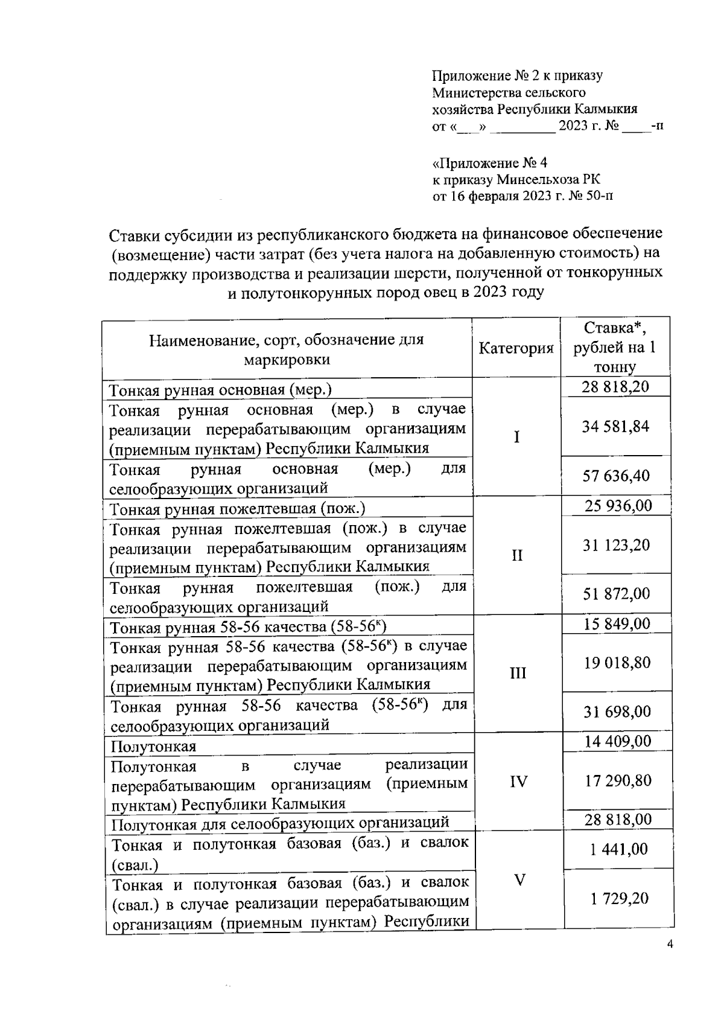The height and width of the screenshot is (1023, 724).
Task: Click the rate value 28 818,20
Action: click(615, 386)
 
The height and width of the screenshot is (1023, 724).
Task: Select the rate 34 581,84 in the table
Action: click(615, 427)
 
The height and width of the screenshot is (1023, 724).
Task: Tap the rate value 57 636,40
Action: click(615, 476)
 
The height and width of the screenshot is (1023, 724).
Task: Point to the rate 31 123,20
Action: click(616, 545)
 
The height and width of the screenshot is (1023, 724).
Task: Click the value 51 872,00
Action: click(616, 594)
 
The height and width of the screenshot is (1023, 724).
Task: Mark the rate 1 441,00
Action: click(619, 849)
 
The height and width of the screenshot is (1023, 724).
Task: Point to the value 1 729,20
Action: click(619, 899)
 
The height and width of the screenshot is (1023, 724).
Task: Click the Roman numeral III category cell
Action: click(518, 673)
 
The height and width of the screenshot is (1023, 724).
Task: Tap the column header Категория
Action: click(516, 348)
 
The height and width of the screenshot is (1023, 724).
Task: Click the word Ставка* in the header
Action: click(615, 328)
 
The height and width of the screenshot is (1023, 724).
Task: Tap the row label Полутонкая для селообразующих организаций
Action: click(281, 823)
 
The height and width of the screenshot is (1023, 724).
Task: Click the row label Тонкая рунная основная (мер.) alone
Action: click(220, 390)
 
